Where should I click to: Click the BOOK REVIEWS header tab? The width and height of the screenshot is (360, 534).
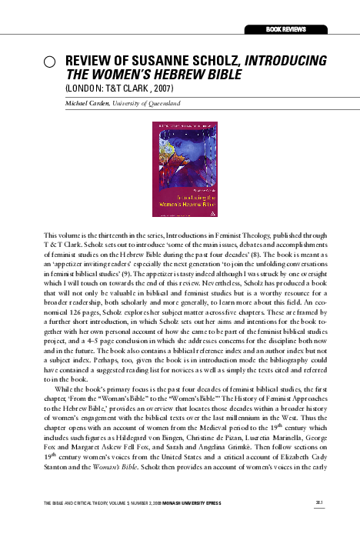[285, 28]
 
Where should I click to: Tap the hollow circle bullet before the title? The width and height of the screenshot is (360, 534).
[49, 62]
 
